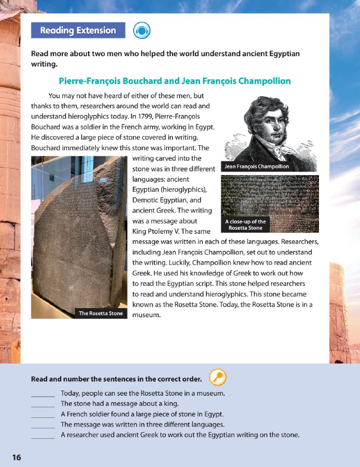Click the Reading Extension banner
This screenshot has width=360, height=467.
tap(78, 30)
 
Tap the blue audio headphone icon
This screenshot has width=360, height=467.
tap(142, 31)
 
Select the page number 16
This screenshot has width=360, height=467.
tap(17, 457)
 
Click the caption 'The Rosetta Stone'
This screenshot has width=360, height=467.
tap(101, 313)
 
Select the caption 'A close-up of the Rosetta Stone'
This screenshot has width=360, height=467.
tap(246, 225)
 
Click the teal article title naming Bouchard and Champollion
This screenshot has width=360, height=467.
tap(175, 81)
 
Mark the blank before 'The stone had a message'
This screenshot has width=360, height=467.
tap(43, 404)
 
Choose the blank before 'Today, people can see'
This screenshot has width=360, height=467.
tap(43, 393)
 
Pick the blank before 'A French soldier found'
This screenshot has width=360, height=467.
tap(43, 414)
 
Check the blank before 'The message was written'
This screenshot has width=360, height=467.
tap(43, 424)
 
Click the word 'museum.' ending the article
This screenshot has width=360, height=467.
tap(146, 315)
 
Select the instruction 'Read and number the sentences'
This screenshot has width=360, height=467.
tap(116, 378)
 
